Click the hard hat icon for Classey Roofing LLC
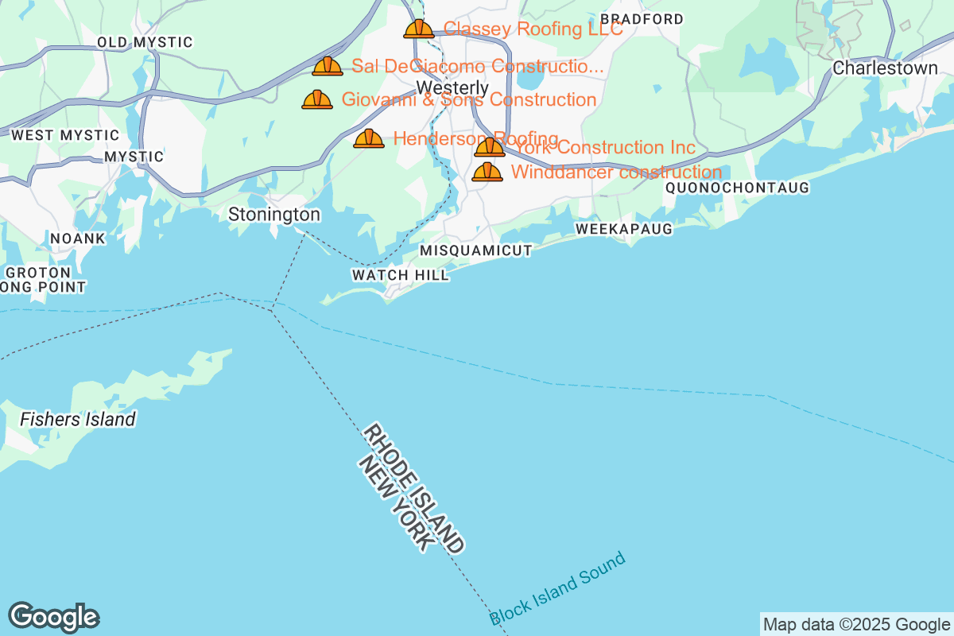(418, 29)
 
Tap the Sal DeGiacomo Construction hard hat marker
(327, 67)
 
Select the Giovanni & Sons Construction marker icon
(317, 100)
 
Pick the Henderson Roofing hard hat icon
(368, 139)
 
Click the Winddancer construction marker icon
(487, 172)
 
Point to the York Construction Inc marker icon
(490, 147)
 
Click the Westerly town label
(452, 87)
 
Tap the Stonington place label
(274, 215)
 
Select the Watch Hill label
(401, 275)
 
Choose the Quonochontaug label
(737, 188)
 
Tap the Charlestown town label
(885, 68)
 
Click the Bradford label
(642, 19)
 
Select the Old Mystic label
(145, 42)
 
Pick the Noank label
(77, 238)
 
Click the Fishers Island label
(78, 419)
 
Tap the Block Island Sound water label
(557, 589)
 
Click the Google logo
(53, 617)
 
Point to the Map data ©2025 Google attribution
(857, 624)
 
